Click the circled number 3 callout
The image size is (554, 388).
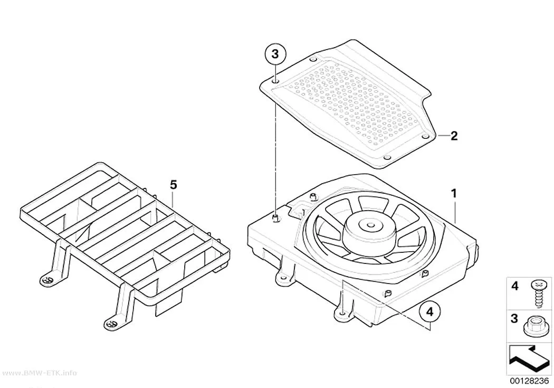click(275, 55)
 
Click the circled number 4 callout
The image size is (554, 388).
click(429, 312)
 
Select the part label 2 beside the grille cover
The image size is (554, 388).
click(454, 136)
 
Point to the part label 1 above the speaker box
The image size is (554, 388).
click(454, 194)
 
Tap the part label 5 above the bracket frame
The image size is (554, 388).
click(173, 184)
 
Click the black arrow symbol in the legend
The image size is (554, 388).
click(529, 359)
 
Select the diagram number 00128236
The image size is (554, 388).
click(529, 381)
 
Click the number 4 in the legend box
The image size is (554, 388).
click(515, 286)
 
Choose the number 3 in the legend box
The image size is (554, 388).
click(514, 318)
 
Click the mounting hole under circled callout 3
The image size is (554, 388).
click(276, 83)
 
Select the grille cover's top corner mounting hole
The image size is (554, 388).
click(313, 59)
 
